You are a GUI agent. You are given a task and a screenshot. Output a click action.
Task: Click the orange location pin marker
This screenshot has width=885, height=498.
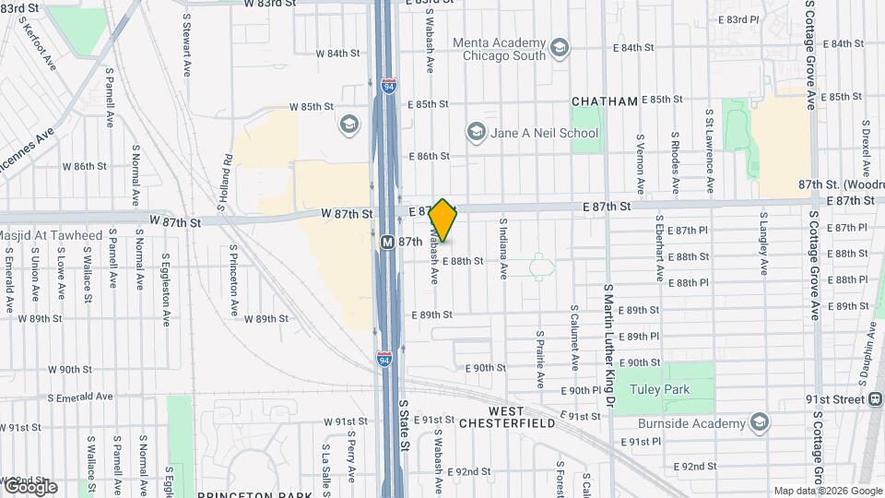(443, 220)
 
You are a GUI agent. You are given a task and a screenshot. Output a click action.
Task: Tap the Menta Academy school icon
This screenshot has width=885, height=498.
(559, 47)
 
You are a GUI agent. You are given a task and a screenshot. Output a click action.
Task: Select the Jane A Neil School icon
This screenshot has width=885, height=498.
(476, 133)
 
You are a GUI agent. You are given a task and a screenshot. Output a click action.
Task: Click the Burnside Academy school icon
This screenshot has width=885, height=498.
(760, 423)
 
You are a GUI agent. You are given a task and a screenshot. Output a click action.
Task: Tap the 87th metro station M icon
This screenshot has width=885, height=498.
(388, 242)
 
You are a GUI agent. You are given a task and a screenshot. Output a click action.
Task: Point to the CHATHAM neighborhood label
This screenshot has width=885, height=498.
(605, 101)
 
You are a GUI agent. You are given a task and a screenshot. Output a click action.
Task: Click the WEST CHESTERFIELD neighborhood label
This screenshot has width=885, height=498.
(520, 417)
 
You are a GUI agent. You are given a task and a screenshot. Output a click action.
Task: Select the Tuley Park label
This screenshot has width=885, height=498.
(659, 389)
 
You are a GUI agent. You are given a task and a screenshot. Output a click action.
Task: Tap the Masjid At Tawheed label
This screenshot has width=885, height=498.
(51, 236)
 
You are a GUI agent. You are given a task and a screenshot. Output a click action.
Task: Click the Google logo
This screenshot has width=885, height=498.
(29, 486)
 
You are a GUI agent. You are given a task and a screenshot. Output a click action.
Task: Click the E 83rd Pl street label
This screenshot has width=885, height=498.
(738, 19)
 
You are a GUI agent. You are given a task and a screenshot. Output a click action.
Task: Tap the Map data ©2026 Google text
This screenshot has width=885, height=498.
(827, 491)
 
